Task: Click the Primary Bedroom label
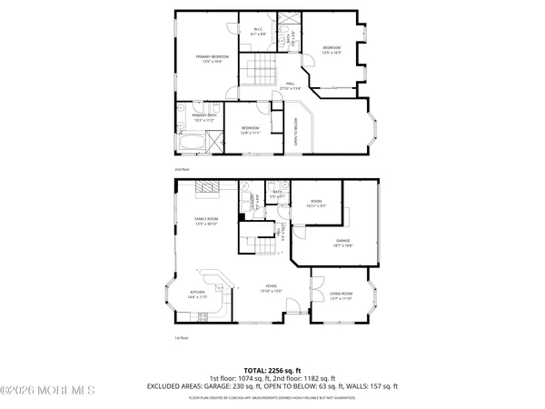(x=212, y=58)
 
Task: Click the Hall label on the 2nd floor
(x=291, y=85)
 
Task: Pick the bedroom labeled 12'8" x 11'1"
(x=250, y=130)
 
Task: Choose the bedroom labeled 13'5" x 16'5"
(x=332, y=49)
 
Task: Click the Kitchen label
(x=197, y=294)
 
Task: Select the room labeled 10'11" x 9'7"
(x=317, y=203)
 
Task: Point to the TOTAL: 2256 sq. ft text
(x=272, y=371)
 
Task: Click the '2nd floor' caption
(x=183, y=169)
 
